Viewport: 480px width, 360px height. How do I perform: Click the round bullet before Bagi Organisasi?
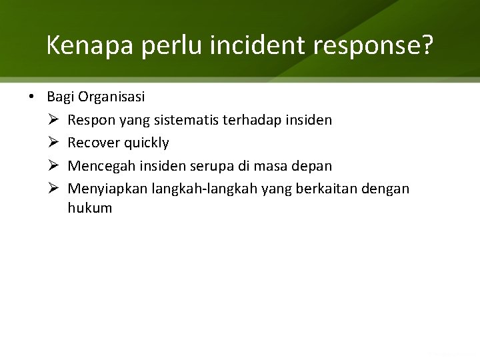[32, 97]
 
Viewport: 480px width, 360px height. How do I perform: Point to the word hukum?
[90, 208]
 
